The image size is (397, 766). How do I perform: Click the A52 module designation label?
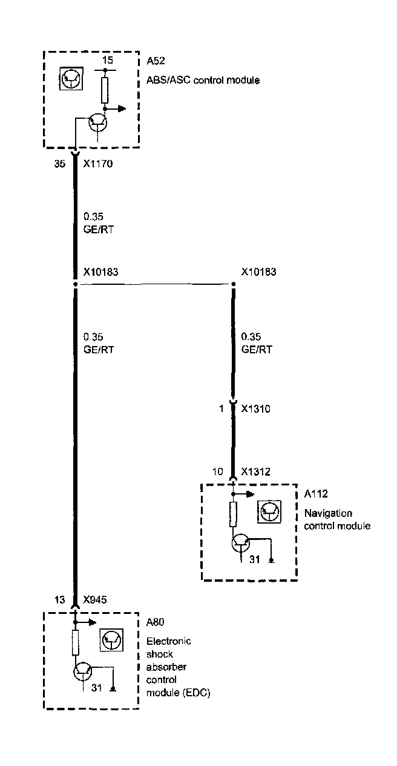click(x=156, y=61)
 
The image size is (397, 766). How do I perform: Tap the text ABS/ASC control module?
click(x=203, y=80)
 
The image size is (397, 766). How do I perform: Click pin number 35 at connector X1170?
click(x=59, y=163)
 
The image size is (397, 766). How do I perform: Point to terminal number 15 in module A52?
click(x=107, y=60)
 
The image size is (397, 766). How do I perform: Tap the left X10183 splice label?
click(x=100, y=272)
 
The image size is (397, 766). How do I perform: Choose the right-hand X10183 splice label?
click(x=258, y=272)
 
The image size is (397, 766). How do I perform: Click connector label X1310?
click(x=255, y=409)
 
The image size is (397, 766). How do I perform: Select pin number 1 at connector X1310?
click(x=221, y=409)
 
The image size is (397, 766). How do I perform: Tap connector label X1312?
click(x=255, y=471)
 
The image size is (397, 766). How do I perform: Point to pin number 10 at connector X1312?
click(x=218, y=471)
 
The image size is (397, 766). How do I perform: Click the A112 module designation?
click(x=315, y=495)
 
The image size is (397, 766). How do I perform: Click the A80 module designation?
click(x=156, y=622)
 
